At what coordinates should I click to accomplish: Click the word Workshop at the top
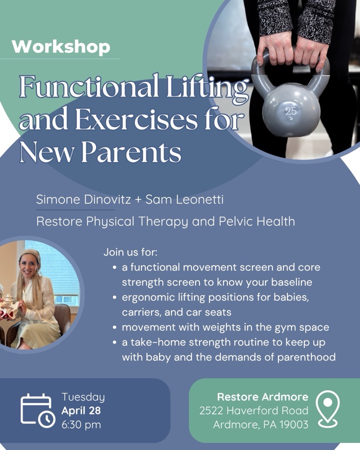click(60, 47)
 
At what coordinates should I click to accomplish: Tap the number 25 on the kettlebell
click(291, 111)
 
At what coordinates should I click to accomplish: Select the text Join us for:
click(130, 252)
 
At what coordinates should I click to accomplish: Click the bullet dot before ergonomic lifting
click(115, 297)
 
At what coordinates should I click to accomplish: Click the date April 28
click(81, 411)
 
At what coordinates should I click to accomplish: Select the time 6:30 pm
click(81, 425)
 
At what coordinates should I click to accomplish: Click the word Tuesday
click(83, 397)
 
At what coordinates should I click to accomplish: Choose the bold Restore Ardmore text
click(262, 397)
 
